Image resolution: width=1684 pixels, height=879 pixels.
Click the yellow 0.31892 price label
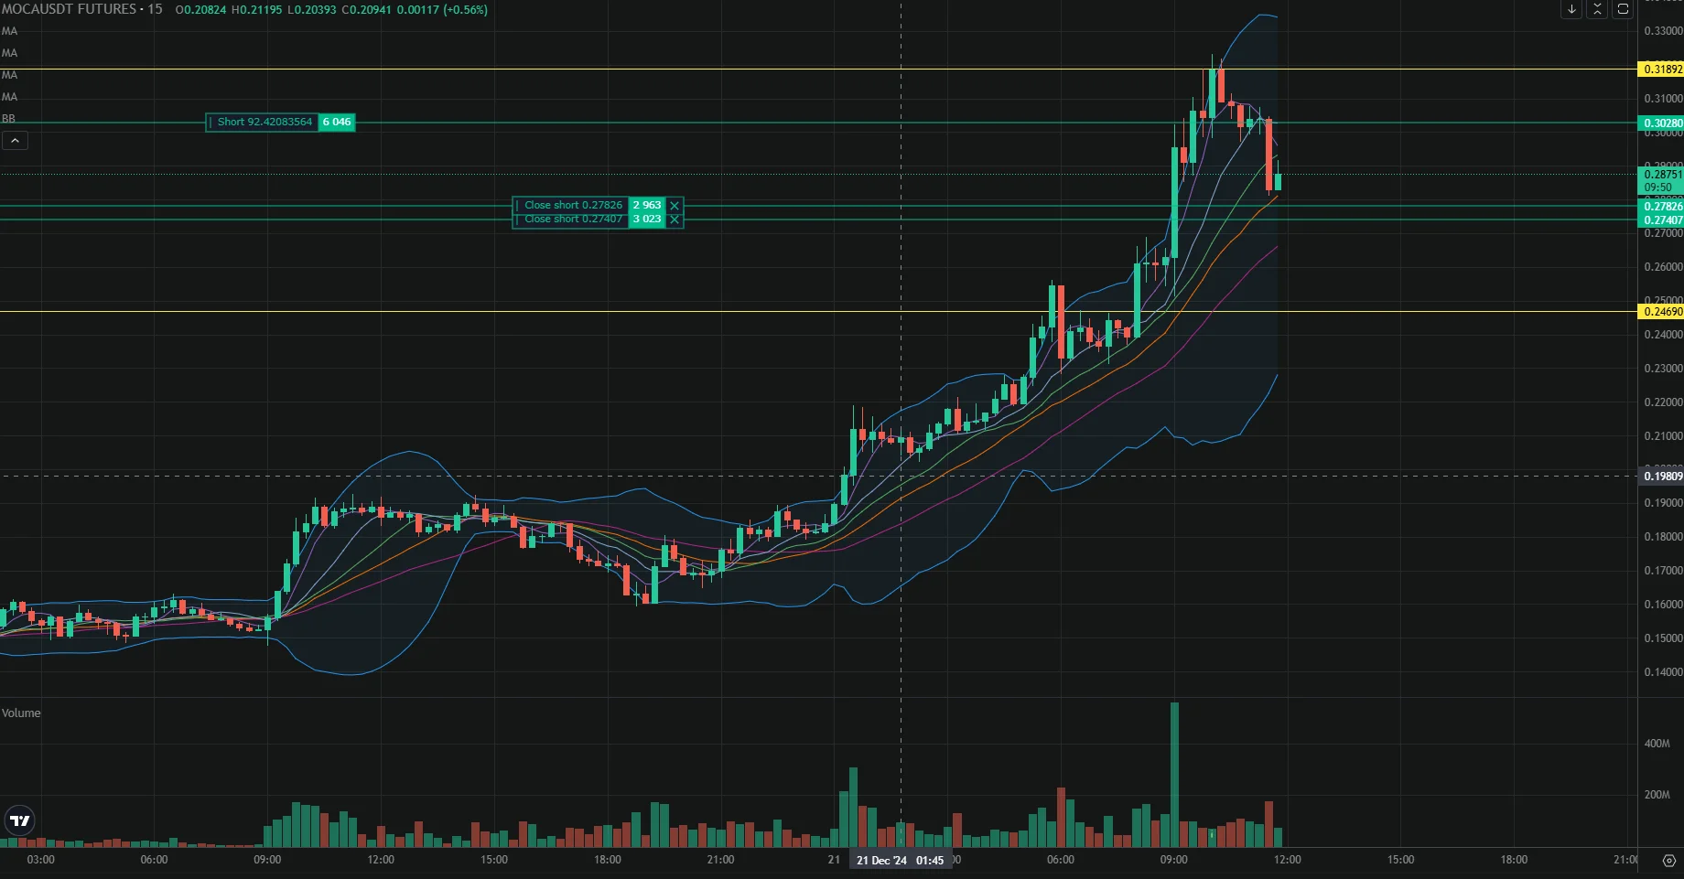[x=1661, y=70]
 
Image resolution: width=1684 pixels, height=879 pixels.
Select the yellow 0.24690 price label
[x=1661, y=312]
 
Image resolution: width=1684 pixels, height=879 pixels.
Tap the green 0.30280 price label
[x=1661, y=123]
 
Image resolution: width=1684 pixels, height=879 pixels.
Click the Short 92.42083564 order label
[x=263, y=122]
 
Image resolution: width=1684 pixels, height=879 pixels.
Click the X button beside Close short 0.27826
[x=675, y=206]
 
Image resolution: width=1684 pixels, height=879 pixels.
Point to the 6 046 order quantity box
[x=337, y=122]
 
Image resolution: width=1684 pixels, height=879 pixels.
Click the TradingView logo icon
[x=19, y=820]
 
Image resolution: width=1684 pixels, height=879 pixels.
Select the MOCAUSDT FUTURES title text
[x=69, y=9]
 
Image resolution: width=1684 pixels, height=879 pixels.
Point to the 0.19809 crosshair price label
[x=1661, y=477]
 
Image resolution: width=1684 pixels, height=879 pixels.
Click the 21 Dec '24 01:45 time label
[x=900, y=861]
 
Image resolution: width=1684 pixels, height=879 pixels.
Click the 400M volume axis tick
[x=1657, y=744]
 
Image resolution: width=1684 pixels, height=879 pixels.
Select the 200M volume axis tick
[x=1657, y=795]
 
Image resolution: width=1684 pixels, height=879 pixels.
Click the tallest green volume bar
[x=1174, y=774]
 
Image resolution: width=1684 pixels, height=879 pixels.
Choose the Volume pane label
[x=21, y=713]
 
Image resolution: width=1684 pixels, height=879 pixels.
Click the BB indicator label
[x=8, y=119]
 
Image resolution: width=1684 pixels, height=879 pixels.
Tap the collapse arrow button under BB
[x=16, y=141]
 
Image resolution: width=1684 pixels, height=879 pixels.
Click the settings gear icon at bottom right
[x=1668, y=861]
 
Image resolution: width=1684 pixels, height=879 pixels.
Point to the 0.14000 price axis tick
[x=1663, y=672]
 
